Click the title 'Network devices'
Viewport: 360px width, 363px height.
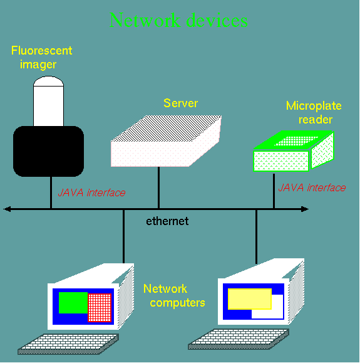pyautogui.click(x=178, y=20)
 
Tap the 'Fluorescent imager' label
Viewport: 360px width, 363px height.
pyautogui.click(x=41, y=58)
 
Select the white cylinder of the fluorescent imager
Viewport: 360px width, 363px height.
pyautogui.click(x=49, y=101)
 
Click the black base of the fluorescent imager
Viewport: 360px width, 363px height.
pyautogui.click(x=49, y=151)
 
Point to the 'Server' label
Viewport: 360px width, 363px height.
pyautogui.click(x=180, y=103)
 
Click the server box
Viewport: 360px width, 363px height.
pyautogui.click(x=166, y=141)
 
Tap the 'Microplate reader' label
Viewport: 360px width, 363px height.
pyautogui.click(x=314, y=112)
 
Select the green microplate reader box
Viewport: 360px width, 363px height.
pyautogui.click(x=294, y=151)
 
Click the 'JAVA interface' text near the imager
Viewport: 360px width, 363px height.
pyautogui.click(x=91, y=192)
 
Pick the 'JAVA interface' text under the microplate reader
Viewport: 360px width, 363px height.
pyautogui.click(x=312, y=187)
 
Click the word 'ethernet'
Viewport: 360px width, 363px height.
pyautogui.click(x=167, y=221)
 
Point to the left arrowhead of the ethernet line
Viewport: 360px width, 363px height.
pyautogui.click(x=7, y=209)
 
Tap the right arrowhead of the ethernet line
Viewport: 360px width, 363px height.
pyautogui.click(x=305, y=209)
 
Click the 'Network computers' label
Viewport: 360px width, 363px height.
pyautogui.click(x=174, y=296)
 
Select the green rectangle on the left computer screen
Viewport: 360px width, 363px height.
pyautogui.click(x=73, y=303)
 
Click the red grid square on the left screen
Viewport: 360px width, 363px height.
pyautogui.click(x=100, y=308)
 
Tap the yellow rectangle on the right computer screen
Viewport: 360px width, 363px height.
pyautogui.click(x=250, y=299)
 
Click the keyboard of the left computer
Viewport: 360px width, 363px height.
pyautogui.click(x=68, y=344)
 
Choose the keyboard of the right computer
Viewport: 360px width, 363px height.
pyautogui.click(x=239, y=339)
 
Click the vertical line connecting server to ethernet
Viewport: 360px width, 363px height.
pyautogui.click(x=158, y=187)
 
